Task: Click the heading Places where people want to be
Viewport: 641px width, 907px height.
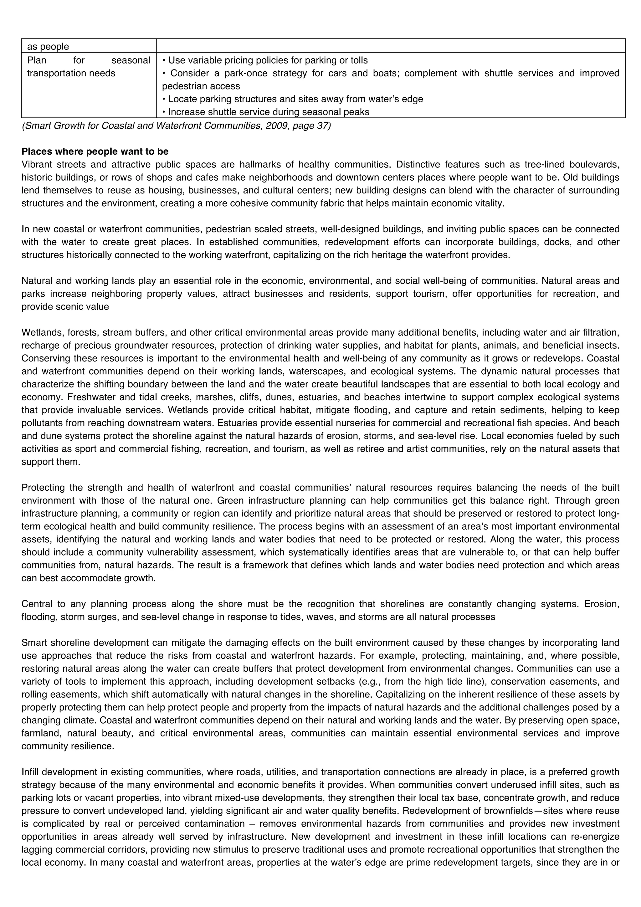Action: coord(95,152)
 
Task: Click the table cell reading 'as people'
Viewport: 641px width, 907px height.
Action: coord(48,47)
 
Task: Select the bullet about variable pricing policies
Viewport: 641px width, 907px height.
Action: coord(264,60)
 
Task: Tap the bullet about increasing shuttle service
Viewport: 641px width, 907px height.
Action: coord(265,112)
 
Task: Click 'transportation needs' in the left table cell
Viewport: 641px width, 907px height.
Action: coord(71,74)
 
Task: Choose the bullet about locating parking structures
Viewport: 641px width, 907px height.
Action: coord(292,99)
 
